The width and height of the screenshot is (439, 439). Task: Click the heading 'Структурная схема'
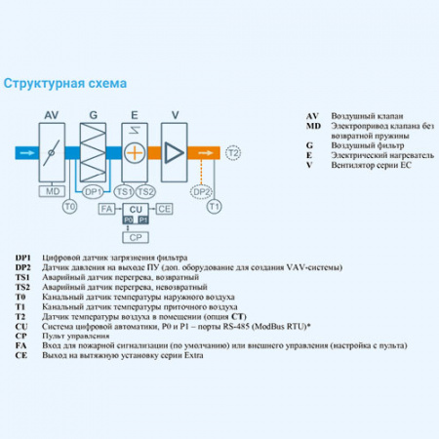[65, 85]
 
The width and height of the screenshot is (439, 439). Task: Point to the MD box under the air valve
[55, 191]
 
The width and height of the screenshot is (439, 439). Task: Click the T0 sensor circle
[68, 207]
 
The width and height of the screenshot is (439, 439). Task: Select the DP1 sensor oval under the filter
[94, 191]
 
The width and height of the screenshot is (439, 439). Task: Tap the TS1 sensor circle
[125, 191]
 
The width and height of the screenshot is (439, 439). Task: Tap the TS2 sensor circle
[145, 191]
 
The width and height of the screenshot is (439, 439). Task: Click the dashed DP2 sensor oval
[200, 191]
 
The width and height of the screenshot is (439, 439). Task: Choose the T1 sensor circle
[216, 207]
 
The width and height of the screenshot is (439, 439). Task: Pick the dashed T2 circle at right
[232, 153]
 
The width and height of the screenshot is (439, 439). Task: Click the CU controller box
[136, 209]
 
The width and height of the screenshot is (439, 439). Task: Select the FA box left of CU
[107, 209]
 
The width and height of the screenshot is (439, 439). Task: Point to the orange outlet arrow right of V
[206, 153]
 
